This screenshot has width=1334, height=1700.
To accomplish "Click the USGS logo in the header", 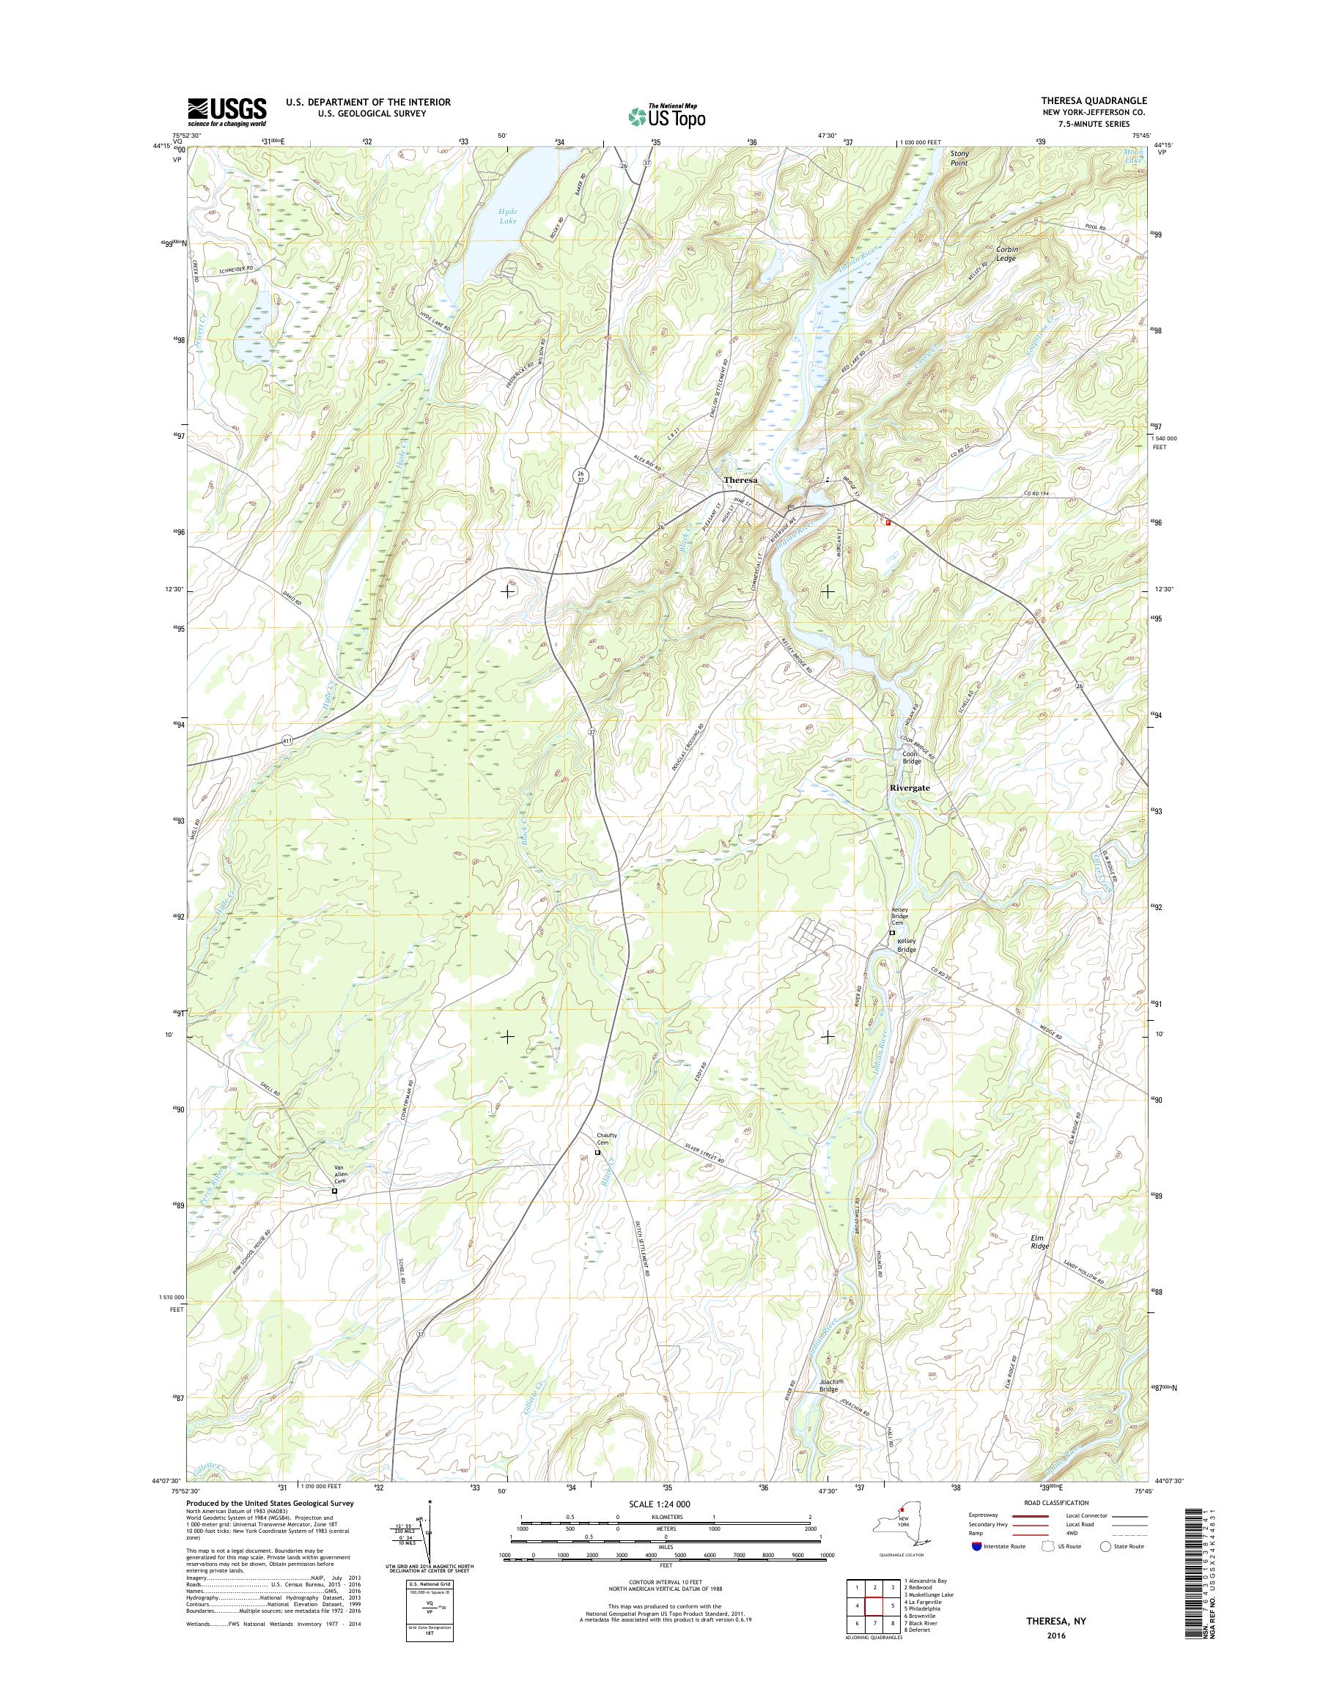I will click(226, 112).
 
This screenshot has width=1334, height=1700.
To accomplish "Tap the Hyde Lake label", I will click(509, 215).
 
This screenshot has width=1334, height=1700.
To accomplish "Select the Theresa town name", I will click(741, 480).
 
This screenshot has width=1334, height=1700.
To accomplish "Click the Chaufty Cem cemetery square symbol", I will click(598, 1153).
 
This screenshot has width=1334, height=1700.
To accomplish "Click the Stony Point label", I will click(959, 158).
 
